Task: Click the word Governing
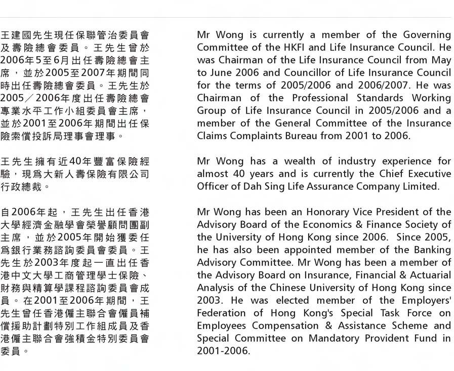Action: click(427, 35)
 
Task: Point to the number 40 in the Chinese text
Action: click(75, 162)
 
